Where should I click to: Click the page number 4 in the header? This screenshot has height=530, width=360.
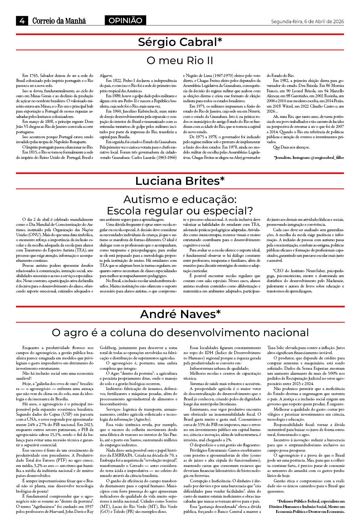[x=22, y=21]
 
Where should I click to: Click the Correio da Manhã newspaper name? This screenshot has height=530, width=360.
[x=59, y=21]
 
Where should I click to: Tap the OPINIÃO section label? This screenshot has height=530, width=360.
[x=125, y=21]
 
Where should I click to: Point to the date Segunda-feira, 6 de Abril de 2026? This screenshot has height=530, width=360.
[x=307, y=21]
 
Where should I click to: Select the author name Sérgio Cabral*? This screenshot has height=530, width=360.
[x=180, y=42]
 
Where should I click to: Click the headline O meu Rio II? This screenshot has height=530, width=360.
[x=180, y=61]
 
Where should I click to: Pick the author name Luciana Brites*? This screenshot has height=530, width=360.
[x=180, y=181]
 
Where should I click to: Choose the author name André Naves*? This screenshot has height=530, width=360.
[x=180, y=314]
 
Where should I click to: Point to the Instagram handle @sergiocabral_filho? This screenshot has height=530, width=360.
[x=327, y=157]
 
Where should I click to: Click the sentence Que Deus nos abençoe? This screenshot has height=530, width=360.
[x=291, y=147]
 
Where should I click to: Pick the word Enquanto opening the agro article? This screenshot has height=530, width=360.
[x=31, y=348]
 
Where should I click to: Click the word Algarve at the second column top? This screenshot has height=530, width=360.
[x=106, y=76]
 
